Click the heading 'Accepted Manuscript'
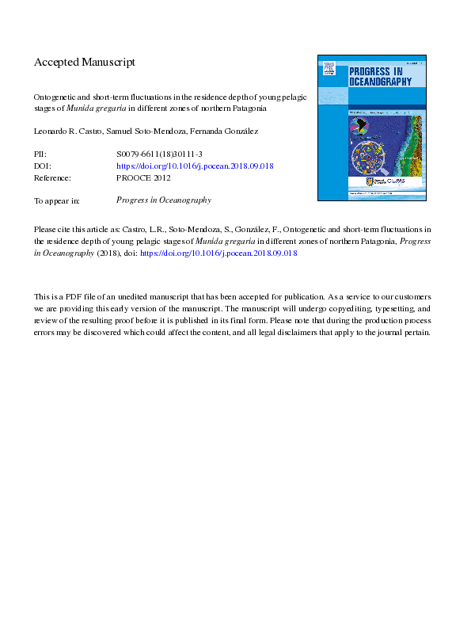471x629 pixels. [85, 62]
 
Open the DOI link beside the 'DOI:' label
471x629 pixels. [195, 166]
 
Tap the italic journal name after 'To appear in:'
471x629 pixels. [163, 200]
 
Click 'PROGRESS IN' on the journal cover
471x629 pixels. [375, 72]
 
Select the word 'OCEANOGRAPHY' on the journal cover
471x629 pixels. [381, 81]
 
